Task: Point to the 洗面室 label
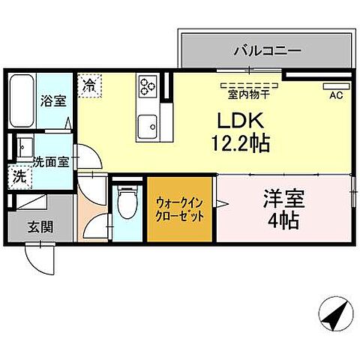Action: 51,159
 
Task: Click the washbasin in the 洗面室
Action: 22,146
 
